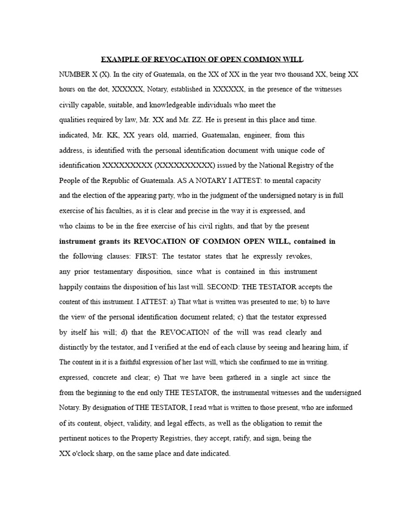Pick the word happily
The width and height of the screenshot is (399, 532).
click(72, 287)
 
